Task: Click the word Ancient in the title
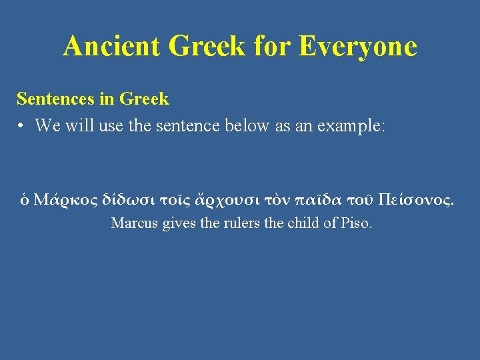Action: pos(113,46)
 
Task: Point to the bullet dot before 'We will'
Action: pos(22,125)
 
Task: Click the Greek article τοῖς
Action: pos(179,199)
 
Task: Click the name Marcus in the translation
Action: pos(134,223)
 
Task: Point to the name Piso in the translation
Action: pos(357,223)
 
